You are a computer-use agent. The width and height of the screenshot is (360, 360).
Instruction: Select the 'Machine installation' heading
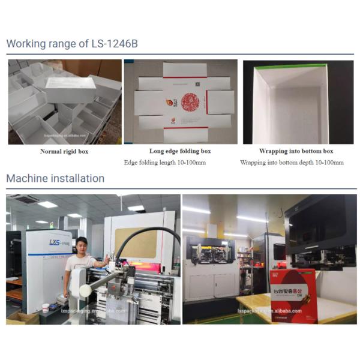pos(55,178)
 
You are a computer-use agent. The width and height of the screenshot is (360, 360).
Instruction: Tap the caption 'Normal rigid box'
pos(64,151)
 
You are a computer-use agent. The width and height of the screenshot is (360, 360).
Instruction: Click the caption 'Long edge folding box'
pos(180,151)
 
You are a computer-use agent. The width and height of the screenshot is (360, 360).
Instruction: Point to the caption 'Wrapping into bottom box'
pos(296,151)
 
